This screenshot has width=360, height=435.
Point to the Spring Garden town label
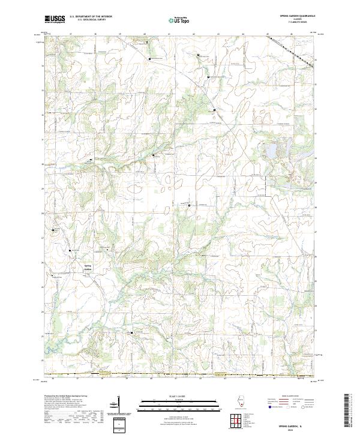88,268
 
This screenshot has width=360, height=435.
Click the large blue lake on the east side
272,149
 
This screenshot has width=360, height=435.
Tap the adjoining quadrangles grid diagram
239,421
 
